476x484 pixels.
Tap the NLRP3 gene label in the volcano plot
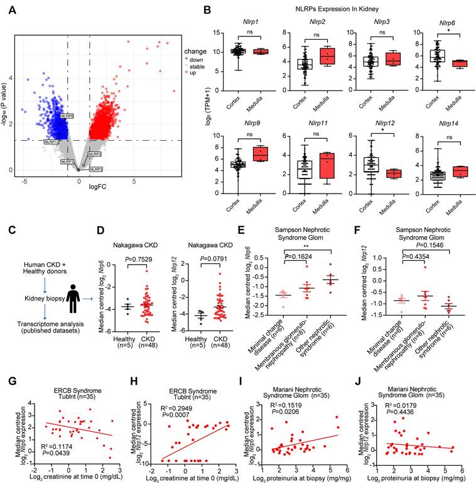click(x=96, y=169)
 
